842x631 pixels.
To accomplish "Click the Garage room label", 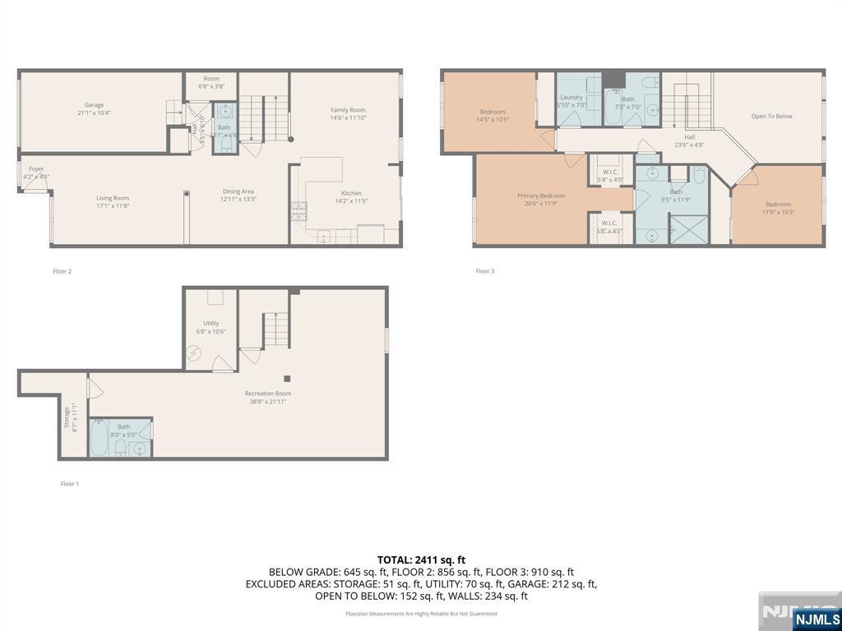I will pyautogui.click(x=94, y=105).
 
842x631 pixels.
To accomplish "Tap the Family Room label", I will pyautogui.click(x=348, y=110).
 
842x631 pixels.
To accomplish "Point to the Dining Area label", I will pyautogui.click(x=238, y=191).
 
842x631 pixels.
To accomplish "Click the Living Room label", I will pyautogui.click(x=113, y=198).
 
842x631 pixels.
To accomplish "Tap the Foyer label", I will pyautogui.click(x=36, y=169).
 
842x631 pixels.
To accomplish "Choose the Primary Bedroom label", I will pyautogui.click(x=541, y=196).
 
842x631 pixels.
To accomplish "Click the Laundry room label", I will pyautogui.click(x=571, y=98).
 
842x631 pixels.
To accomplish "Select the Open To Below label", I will pyautogui.click(x=771, y=117).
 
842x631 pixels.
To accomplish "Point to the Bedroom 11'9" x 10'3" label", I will pyautogui.click(x=778, y=205).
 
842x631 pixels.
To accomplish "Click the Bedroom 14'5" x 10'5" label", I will pyautogui.click(x=493, y=112).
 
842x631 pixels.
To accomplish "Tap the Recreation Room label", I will pyautogui.click(x=271, y=394).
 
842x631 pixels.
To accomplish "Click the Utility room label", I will pyautogui.click(x=211, y=324).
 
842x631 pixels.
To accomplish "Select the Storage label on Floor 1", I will pyautogui.click(x=67, y=418).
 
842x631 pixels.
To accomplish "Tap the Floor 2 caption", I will pyautogui.click(x=62, y=271).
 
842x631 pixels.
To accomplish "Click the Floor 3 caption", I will pyautogui.click(x=485, y=271).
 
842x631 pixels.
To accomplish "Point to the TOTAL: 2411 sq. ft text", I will pyautogui.click(x=421, y=560).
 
